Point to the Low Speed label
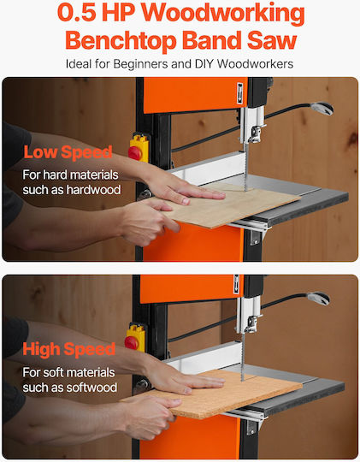(68, 152)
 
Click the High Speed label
(69, 349)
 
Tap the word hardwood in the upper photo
(94, 190)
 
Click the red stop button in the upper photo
(134, 153)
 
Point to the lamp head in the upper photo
(322, 108)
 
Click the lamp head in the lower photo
(318, 299)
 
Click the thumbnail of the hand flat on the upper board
(186, 201)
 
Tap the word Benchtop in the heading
(121, 41)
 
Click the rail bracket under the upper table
(255, 238)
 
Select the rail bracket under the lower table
(251, 428)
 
